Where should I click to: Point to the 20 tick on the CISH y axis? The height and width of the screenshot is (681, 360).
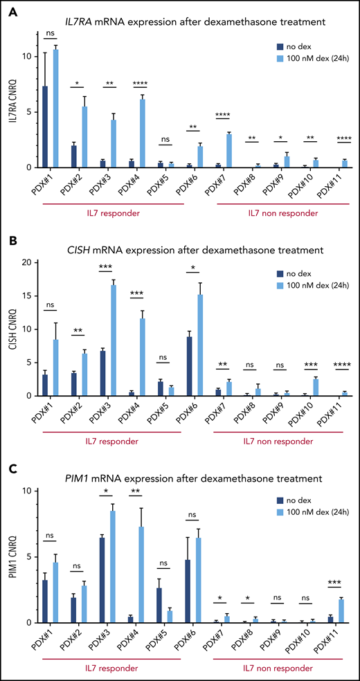[x=26, y=262]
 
